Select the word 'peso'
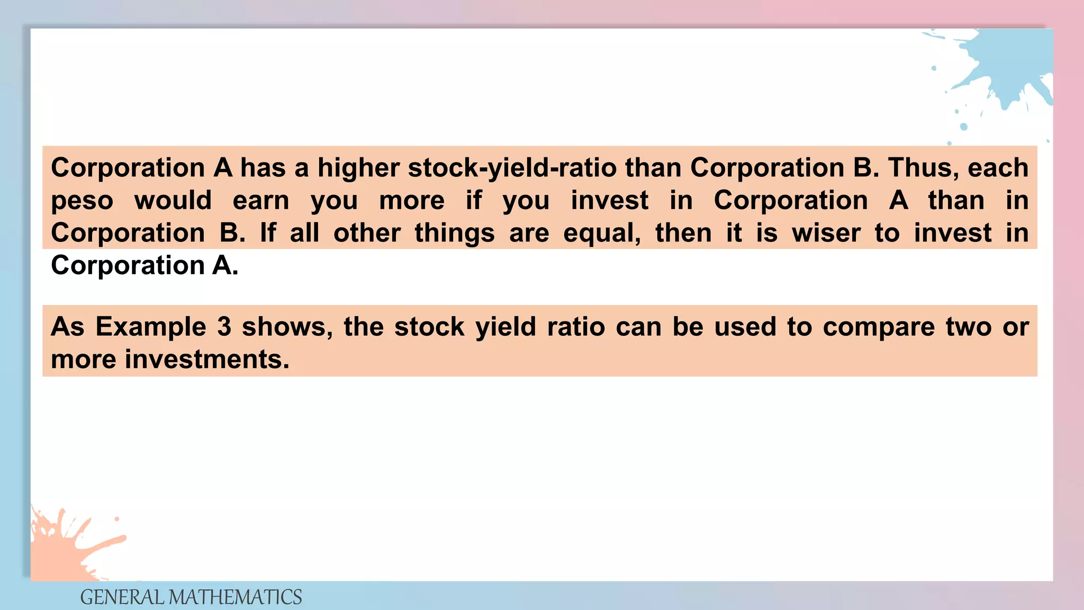pyautogui.click(x=82, y=201)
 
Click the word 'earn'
pyautogui.click(x=261, y=201)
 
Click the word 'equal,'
pyautogui.click(x=602, y=233)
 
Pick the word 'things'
pyautogui.click(x=455, y=233)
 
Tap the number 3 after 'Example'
pyautogui.click(x=224, y=327)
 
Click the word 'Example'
pyautogui.click(x=151, y=327)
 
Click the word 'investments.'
pyautogui.click(x=207, y=359)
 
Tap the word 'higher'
pyautogui.click(x=358, y=168)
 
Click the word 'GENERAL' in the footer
pyautogui.click(x=122, y=597)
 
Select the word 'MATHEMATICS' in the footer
pyautogui.click(x=235, y=597)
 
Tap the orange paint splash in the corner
pyautogui.click(x=64, y=545)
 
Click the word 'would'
pyautogui.click(x=173, y=201)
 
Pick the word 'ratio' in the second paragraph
pyautogui.click(x=576, y=327)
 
